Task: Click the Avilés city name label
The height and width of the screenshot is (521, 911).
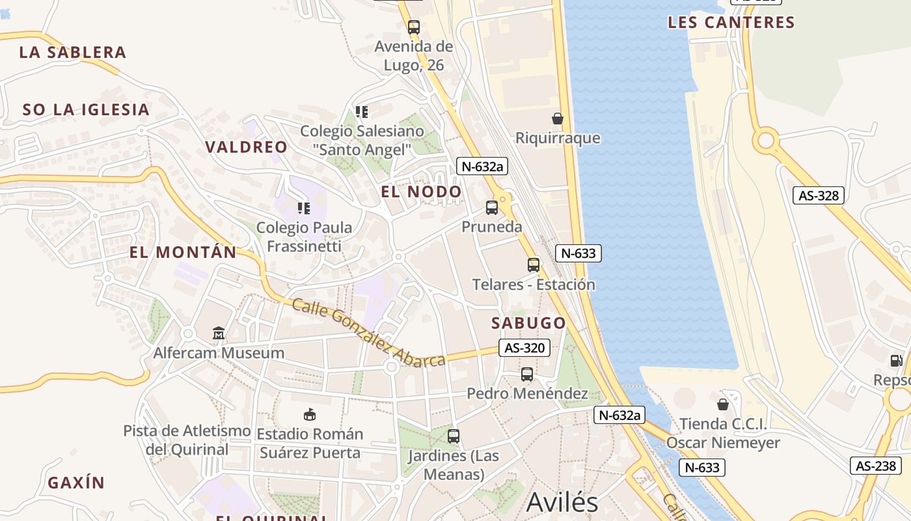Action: tap(562, 503)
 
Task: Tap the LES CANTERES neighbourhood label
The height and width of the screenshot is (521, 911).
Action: tap(731, 23)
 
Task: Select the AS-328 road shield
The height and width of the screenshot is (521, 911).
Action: tap(819, 195)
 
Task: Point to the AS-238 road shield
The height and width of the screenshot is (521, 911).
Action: tap(876, 466)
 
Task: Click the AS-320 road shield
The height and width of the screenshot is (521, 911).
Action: tap(524, 348)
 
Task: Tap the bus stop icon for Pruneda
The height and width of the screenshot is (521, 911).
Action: tap(492, 208)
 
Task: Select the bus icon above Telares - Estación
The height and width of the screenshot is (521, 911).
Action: tap(534, 265)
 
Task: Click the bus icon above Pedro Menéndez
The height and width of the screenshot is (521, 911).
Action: tap(527, 374)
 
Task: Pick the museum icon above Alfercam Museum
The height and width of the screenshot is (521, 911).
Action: tap(219, 333)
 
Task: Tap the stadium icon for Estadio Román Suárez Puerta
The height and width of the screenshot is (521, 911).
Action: tap(310, 414)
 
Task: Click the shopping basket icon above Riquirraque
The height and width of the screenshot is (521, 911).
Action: tap(558, 119)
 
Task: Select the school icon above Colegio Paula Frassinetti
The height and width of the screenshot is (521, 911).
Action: tap(304, 208)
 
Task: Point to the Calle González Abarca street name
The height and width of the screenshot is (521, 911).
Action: tap(368, 333)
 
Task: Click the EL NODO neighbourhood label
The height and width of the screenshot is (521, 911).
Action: tap(421, 192)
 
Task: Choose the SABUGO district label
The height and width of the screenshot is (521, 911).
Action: tap(528, 323)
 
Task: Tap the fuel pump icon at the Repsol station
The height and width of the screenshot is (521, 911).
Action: tap(896, 360)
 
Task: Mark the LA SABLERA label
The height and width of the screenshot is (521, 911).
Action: tap(72, 53)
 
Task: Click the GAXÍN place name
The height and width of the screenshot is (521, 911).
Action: tap(76, 483)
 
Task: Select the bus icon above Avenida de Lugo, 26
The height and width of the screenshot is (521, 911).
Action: tap(414, 27)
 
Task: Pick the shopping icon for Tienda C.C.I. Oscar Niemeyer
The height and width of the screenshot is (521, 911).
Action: tap(722, 404)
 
